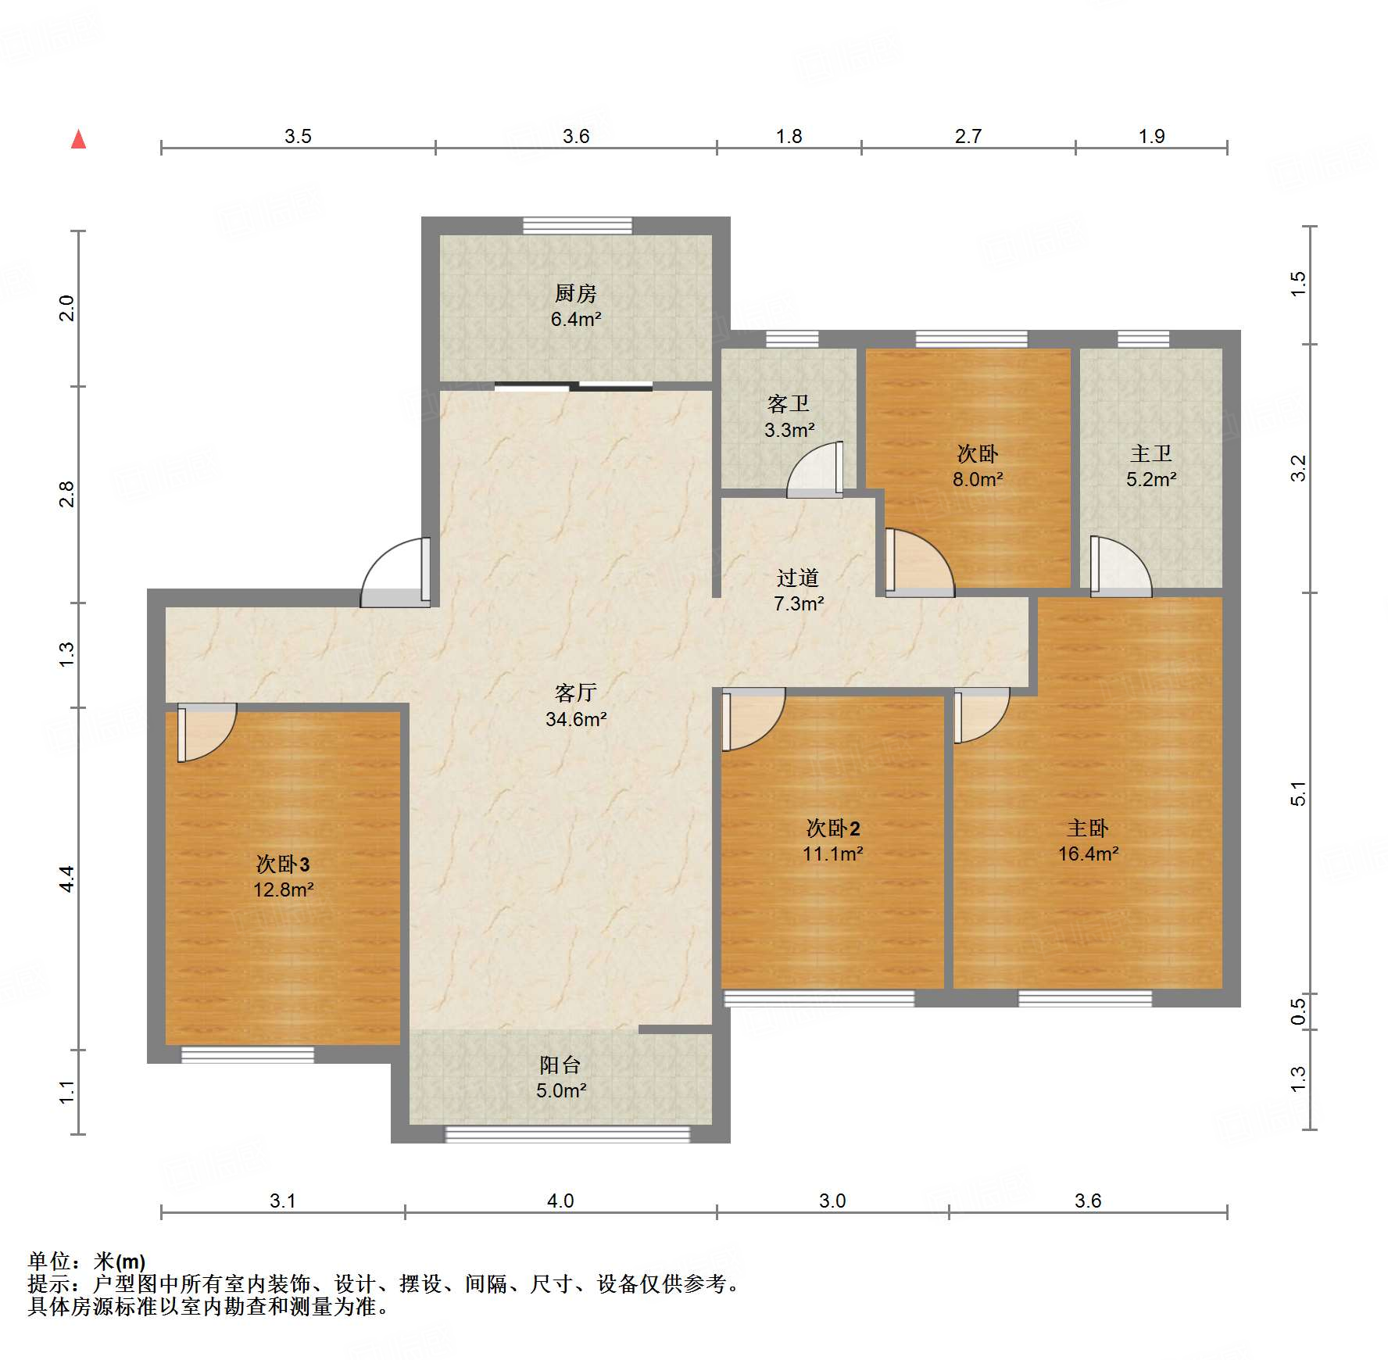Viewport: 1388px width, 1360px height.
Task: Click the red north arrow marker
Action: tap(78, 139)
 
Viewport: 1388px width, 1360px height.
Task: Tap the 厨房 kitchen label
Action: tap(576, 293)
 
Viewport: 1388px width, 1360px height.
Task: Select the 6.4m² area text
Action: tap(576, 319)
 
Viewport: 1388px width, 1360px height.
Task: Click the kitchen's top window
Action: tap(577, 225)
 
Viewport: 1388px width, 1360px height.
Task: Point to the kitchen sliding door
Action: tap(573, 385)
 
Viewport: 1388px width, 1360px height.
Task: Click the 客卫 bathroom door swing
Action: tap(816, 472)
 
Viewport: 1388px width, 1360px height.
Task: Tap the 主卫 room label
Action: tap(1151, 453)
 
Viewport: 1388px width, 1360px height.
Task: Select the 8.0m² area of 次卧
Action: tap(977, 479)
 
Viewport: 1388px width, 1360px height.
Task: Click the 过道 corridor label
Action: tap(798, 578)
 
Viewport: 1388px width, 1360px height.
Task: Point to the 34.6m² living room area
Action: tap(576, 719)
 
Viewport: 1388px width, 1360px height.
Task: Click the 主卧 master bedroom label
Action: tap(1088, 828)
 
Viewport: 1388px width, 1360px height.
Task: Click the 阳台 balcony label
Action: tap(560, 1065)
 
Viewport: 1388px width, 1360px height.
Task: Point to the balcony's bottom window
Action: tap(567, 1134)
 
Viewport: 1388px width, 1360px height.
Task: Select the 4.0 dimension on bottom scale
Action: tap(560, 1201)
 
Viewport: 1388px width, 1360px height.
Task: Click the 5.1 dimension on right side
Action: tap(1298, 793)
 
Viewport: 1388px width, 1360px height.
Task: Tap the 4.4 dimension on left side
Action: tap(67, 879)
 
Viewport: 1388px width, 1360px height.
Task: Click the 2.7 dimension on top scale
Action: tap(968, 136)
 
